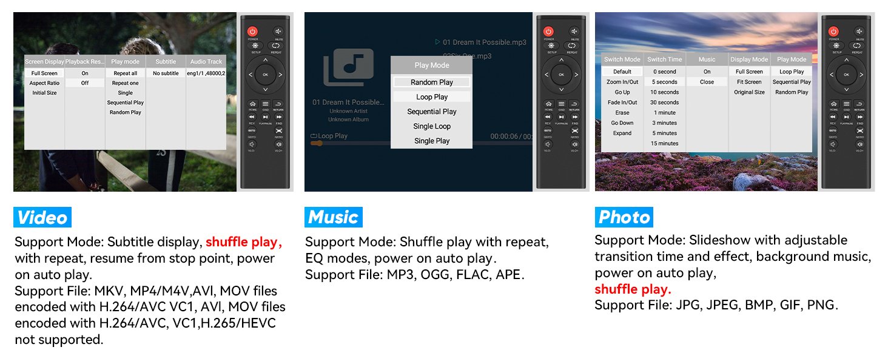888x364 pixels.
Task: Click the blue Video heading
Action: pos(42,217)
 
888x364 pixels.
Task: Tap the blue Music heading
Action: pos(333,217)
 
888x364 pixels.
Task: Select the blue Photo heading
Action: pos(624,217)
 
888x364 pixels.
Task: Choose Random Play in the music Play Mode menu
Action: pos(431,82)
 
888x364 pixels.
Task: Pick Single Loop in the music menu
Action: pos(431,126)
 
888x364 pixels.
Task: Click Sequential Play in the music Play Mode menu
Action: pos(431,112)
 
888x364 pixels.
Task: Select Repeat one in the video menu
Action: pos(125,83)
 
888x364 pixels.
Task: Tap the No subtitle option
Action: pos(166,73)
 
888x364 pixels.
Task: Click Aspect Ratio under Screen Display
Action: pos(44,83)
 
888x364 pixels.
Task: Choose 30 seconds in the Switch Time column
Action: pos(664,103)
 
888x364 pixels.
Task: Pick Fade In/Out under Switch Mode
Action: pos(622,103)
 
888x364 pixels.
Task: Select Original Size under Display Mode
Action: pos(749,92)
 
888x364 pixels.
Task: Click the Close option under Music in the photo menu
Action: pos(707,82)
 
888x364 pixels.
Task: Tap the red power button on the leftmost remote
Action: pos(252,31)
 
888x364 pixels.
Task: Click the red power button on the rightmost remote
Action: pos(833,31)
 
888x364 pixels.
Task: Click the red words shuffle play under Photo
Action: pos(633,289)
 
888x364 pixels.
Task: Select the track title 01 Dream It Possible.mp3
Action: pos(484,42)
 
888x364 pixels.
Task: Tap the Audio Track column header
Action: pos(206,61)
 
